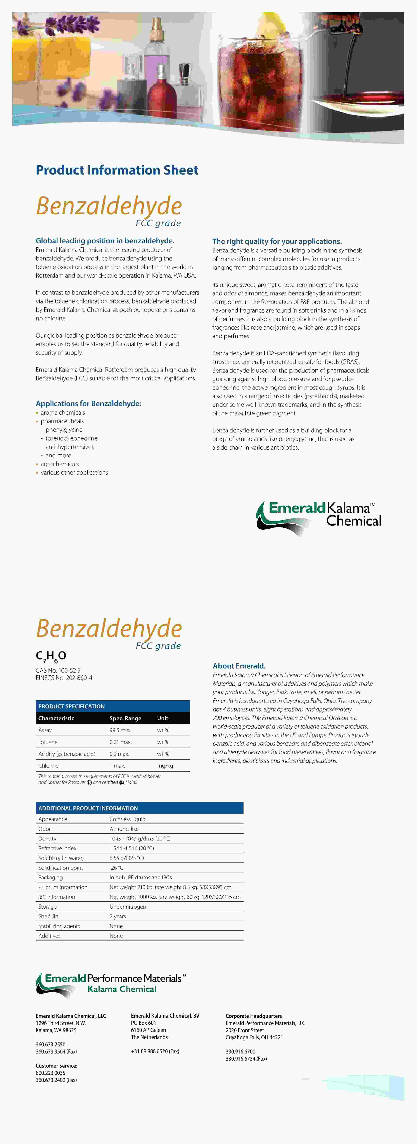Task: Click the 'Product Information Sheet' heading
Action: (x=117, y=170)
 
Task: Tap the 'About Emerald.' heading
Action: (x=239, y=666)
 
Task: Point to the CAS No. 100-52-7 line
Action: (x=58, y=670)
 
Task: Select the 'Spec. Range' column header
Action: (x=125, y=718)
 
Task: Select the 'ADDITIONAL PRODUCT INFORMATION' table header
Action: (x=88, y=808)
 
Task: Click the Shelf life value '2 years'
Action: (x=118, y=916)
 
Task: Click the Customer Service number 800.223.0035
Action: (x=50, y=1073)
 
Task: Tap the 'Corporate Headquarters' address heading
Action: (x=254, y=1016)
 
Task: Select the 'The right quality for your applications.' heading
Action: (x=277, y=241)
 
